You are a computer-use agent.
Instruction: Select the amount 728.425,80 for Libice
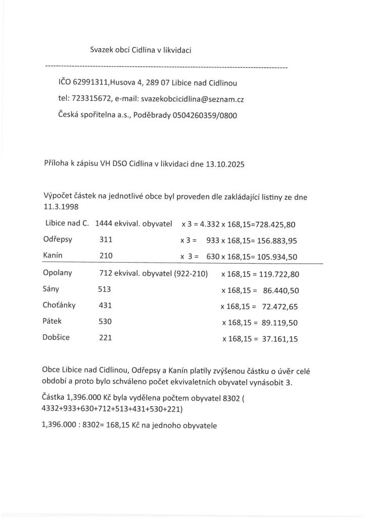click(x=272, y=224)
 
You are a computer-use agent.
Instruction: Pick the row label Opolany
click(x=58, y=273)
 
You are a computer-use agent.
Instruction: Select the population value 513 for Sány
click(x=104, y=290)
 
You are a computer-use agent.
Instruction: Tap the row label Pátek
click(x=53, y=322)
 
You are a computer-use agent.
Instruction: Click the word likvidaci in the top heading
click(x=176, y=50)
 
